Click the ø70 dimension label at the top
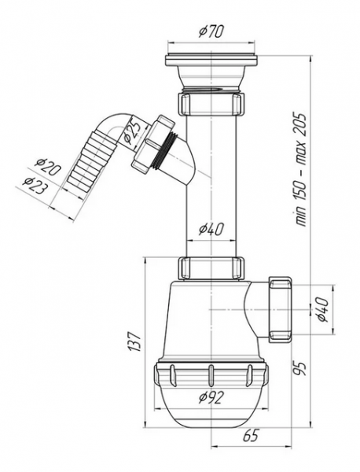tap(211, 31)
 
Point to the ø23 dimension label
tap(36, 185)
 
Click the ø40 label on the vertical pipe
tap(211, 230)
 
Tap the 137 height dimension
tap(134, 341)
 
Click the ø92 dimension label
tap(211, 397)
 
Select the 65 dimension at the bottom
tap(250, 436)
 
